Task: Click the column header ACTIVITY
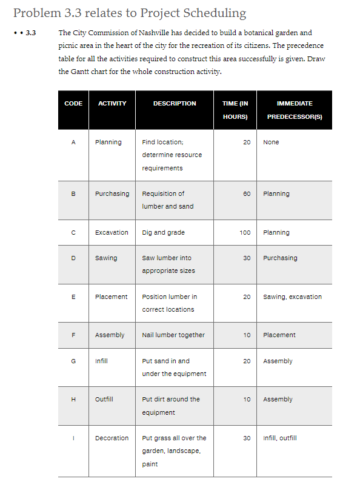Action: pyautogui.click(x=112, y=104)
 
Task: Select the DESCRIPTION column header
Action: pyautogui.click(x=175, y=104)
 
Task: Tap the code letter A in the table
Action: pyautogui.click(x=73, y=143)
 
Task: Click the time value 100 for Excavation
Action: pyautogui.click(x=245, y=233)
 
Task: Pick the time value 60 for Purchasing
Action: pyautogui.click(x=247, y=194)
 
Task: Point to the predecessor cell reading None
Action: pyautogui.click(x=271, y=143)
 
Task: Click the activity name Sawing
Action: pyautogui.click(x=106, y=258)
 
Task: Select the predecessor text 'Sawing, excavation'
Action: pyautogui.click(x=292, y=297)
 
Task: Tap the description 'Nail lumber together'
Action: pyautogui.click(x=173, y=335)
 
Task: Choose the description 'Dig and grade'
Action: pyautogui.click(x=163, y=233)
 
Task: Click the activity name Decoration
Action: pyautogui.click(x=112, y=438)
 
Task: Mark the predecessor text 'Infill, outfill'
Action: pyautogui.click(x=280, y=438)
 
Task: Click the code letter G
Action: pyautogui.click(x=73, y=361)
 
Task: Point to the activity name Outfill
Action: pyautogui.click(x=105, y=400)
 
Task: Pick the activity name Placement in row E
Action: pyautogui.click(x=111, y=297)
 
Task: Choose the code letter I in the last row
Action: pyautogui.click(x=73, y=438)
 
